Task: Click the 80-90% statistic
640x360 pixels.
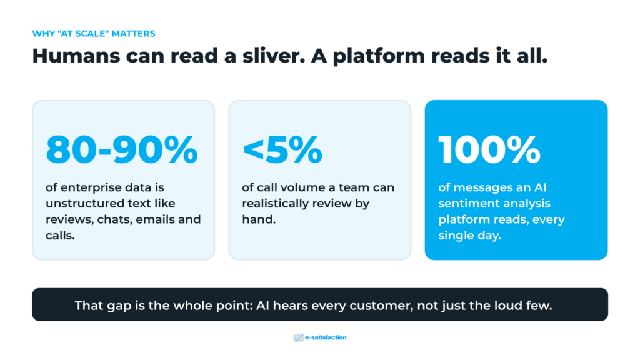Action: coord(122,150)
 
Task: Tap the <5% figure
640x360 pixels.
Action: coord(282,150)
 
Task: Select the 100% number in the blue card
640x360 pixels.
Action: coord(489,150)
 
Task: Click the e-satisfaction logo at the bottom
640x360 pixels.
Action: coord(320,337)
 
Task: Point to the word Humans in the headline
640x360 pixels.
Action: coord(76,56)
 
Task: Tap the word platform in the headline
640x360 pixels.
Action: coord(378,56)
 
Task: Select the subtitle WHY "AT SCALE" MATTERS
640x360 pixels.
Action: coord(94,34)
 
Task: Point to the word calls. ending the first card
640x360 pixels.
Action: coord(60,235)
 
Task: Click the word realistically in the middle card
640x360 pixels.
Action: coord(276,204)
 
